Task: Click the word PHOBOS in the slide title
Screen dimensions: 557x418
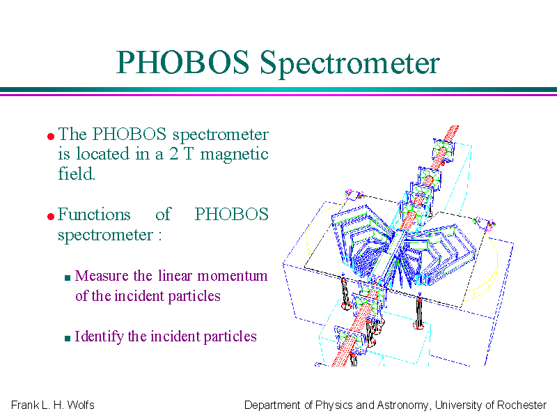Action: click(182, 62)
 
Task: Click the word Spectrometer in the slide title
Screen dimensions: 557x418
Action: click(350, 63)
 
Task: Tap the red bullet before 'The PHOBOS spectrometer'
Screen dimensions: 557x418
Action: click(51, 136)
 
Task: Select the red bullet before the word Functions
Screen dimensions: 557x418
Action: click(51, 216)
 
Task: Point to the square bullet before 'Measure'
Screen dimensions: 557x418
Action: click(68, 277)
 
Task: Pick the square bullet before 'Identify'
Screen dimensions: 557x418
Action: click(68, 338)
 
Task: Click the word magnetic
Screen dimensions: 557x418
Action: click(234, 155)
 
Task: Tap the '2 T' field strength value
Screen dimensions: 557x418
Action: click(182, 154)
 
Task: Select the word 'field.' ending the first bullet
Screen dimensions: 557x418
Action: click(77, 173)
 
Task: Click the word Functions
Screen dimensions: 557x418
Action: click(94, 214)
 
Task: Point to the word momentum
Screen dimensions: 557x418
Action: click(233, 276)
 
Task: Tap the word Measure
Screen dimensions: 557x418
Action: click(102, 275)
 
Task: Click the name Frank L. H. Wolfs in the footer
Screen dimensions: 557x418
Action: click(53, 405)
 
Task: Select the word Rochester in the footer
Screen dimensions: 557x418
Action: click(521, 405)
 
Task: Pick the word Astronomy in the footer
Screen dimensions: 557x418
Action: click(402, 405)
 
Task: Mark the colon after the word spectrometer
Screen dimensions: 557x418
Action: click(160, 236)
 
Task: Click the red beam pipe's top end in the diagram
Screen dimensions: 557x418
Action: click(455, 127)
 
